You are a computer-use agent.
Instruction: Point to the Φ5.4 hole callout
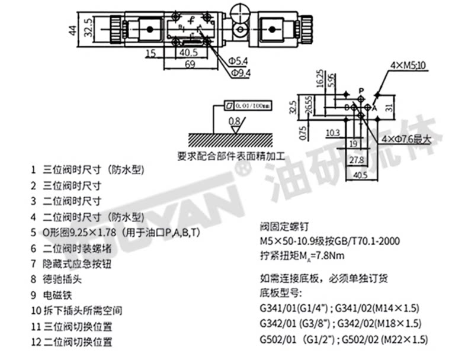pos(241,61)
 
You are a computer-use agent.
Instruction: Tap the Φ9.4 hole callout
pos(241,72)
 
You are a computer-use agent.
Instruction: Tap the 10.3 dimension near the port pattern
pos(333,133)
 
